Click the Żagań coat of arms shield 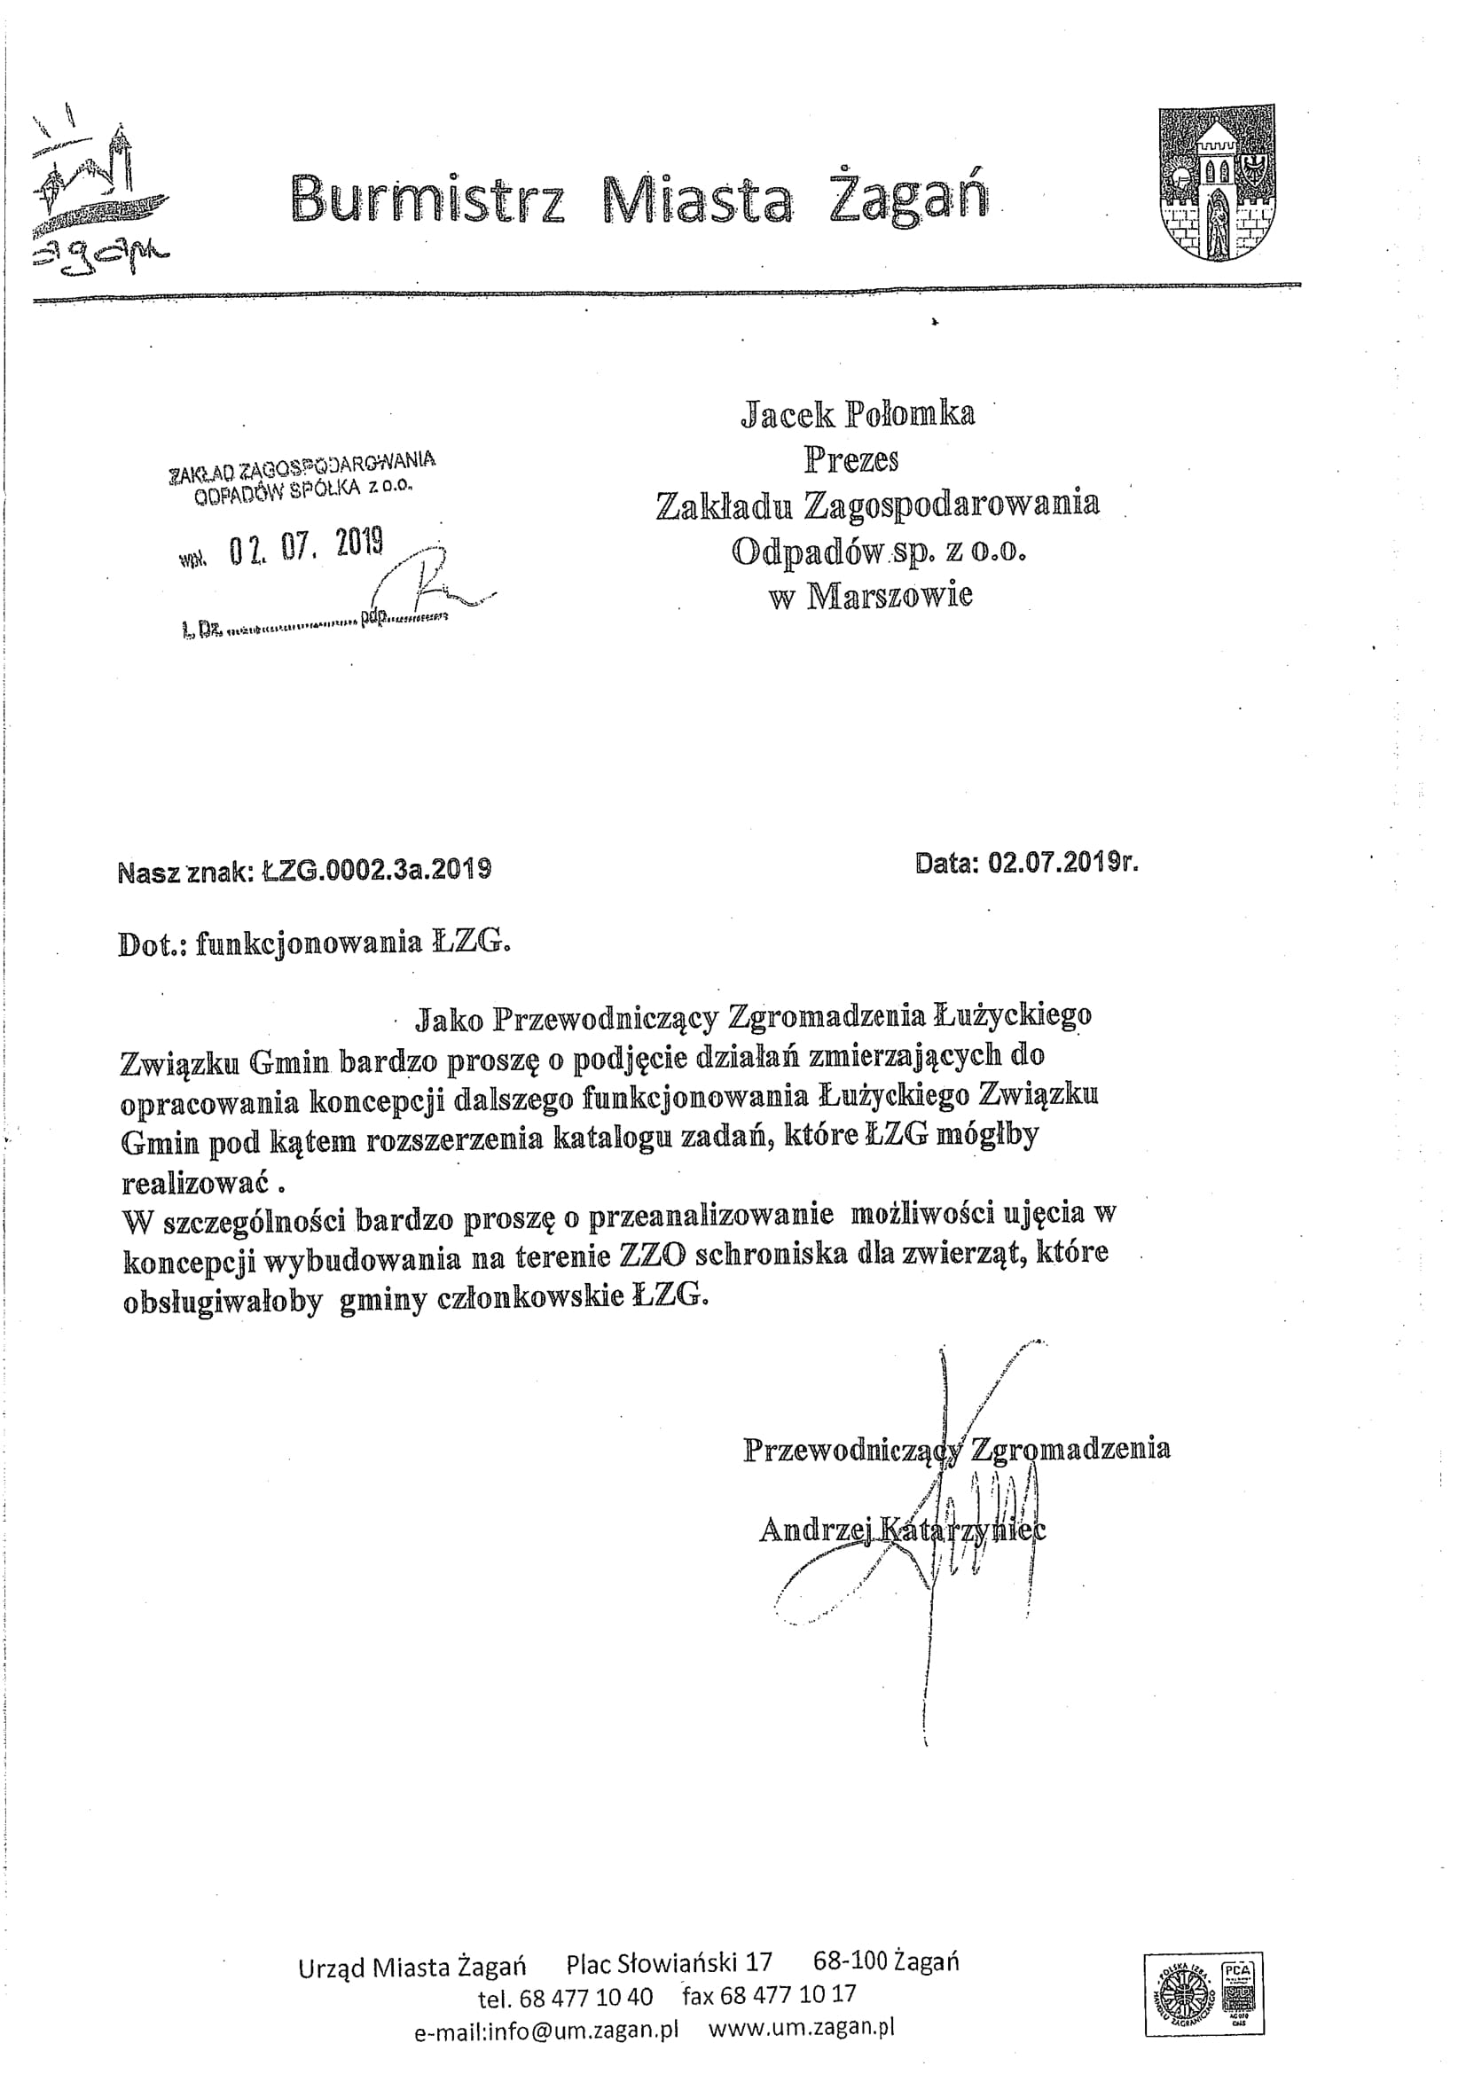[1218, 184]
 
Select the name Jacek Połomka [858, 414]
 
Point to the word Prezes [851, 460]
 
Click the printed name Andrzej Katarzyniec [901, 1530]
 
